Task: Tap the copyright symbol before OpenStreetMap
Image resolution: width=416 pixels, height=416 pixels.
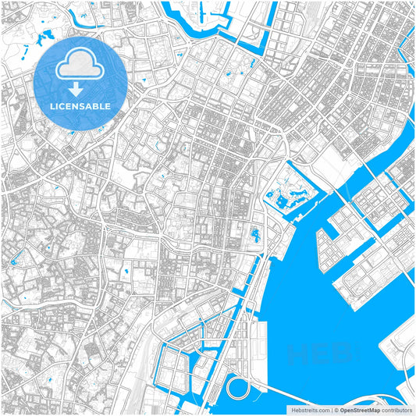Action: pyautogui.click(x=336, y=409)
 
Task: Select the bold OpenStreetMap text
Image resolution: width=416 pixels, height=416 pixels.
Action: pyautogui.click(x=361, y=409)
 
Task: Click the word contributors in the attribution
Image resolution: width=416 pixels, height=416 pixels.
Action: pyautogui.click(x=396, y=409)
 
